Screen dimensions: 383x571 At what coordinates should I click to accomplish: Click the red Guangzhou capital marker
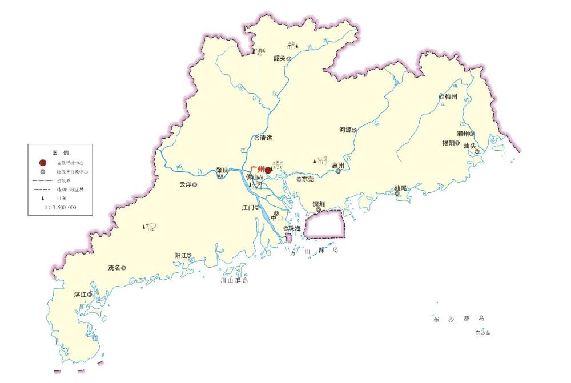268,170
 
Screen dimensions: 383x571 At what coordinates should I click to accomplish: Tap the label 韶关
279,58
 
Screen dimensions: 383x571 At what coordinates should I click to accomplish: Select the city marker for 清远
257,138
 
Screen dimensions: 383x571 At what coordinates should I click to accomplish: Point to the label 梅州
451,96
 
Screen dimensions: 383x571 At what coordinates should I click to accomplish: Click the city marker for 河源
354,130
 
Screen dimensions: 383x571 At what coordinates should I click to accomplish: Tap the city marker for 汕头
477,151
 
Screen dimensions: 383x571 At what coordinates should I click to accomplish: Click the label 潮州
463,134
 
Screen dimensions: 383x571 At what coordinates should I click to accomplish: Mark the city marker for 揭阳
457,143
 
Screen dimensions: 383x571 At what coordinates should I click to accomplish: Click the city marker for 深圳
319,209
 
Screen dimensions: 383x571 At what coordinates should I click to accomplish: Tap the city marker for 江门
258,207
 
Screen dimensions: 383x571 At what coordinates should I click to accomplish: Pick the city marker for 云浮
195,185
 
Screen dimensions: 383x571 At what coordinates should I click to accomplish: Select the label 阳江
180,256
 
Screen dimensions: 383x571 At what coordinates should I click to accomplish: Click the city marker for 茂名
123,268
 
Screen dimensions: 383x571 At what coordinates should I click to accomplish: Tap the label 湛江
80,295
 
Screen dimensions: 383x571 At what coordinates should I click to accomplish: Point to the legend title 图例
60,153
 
